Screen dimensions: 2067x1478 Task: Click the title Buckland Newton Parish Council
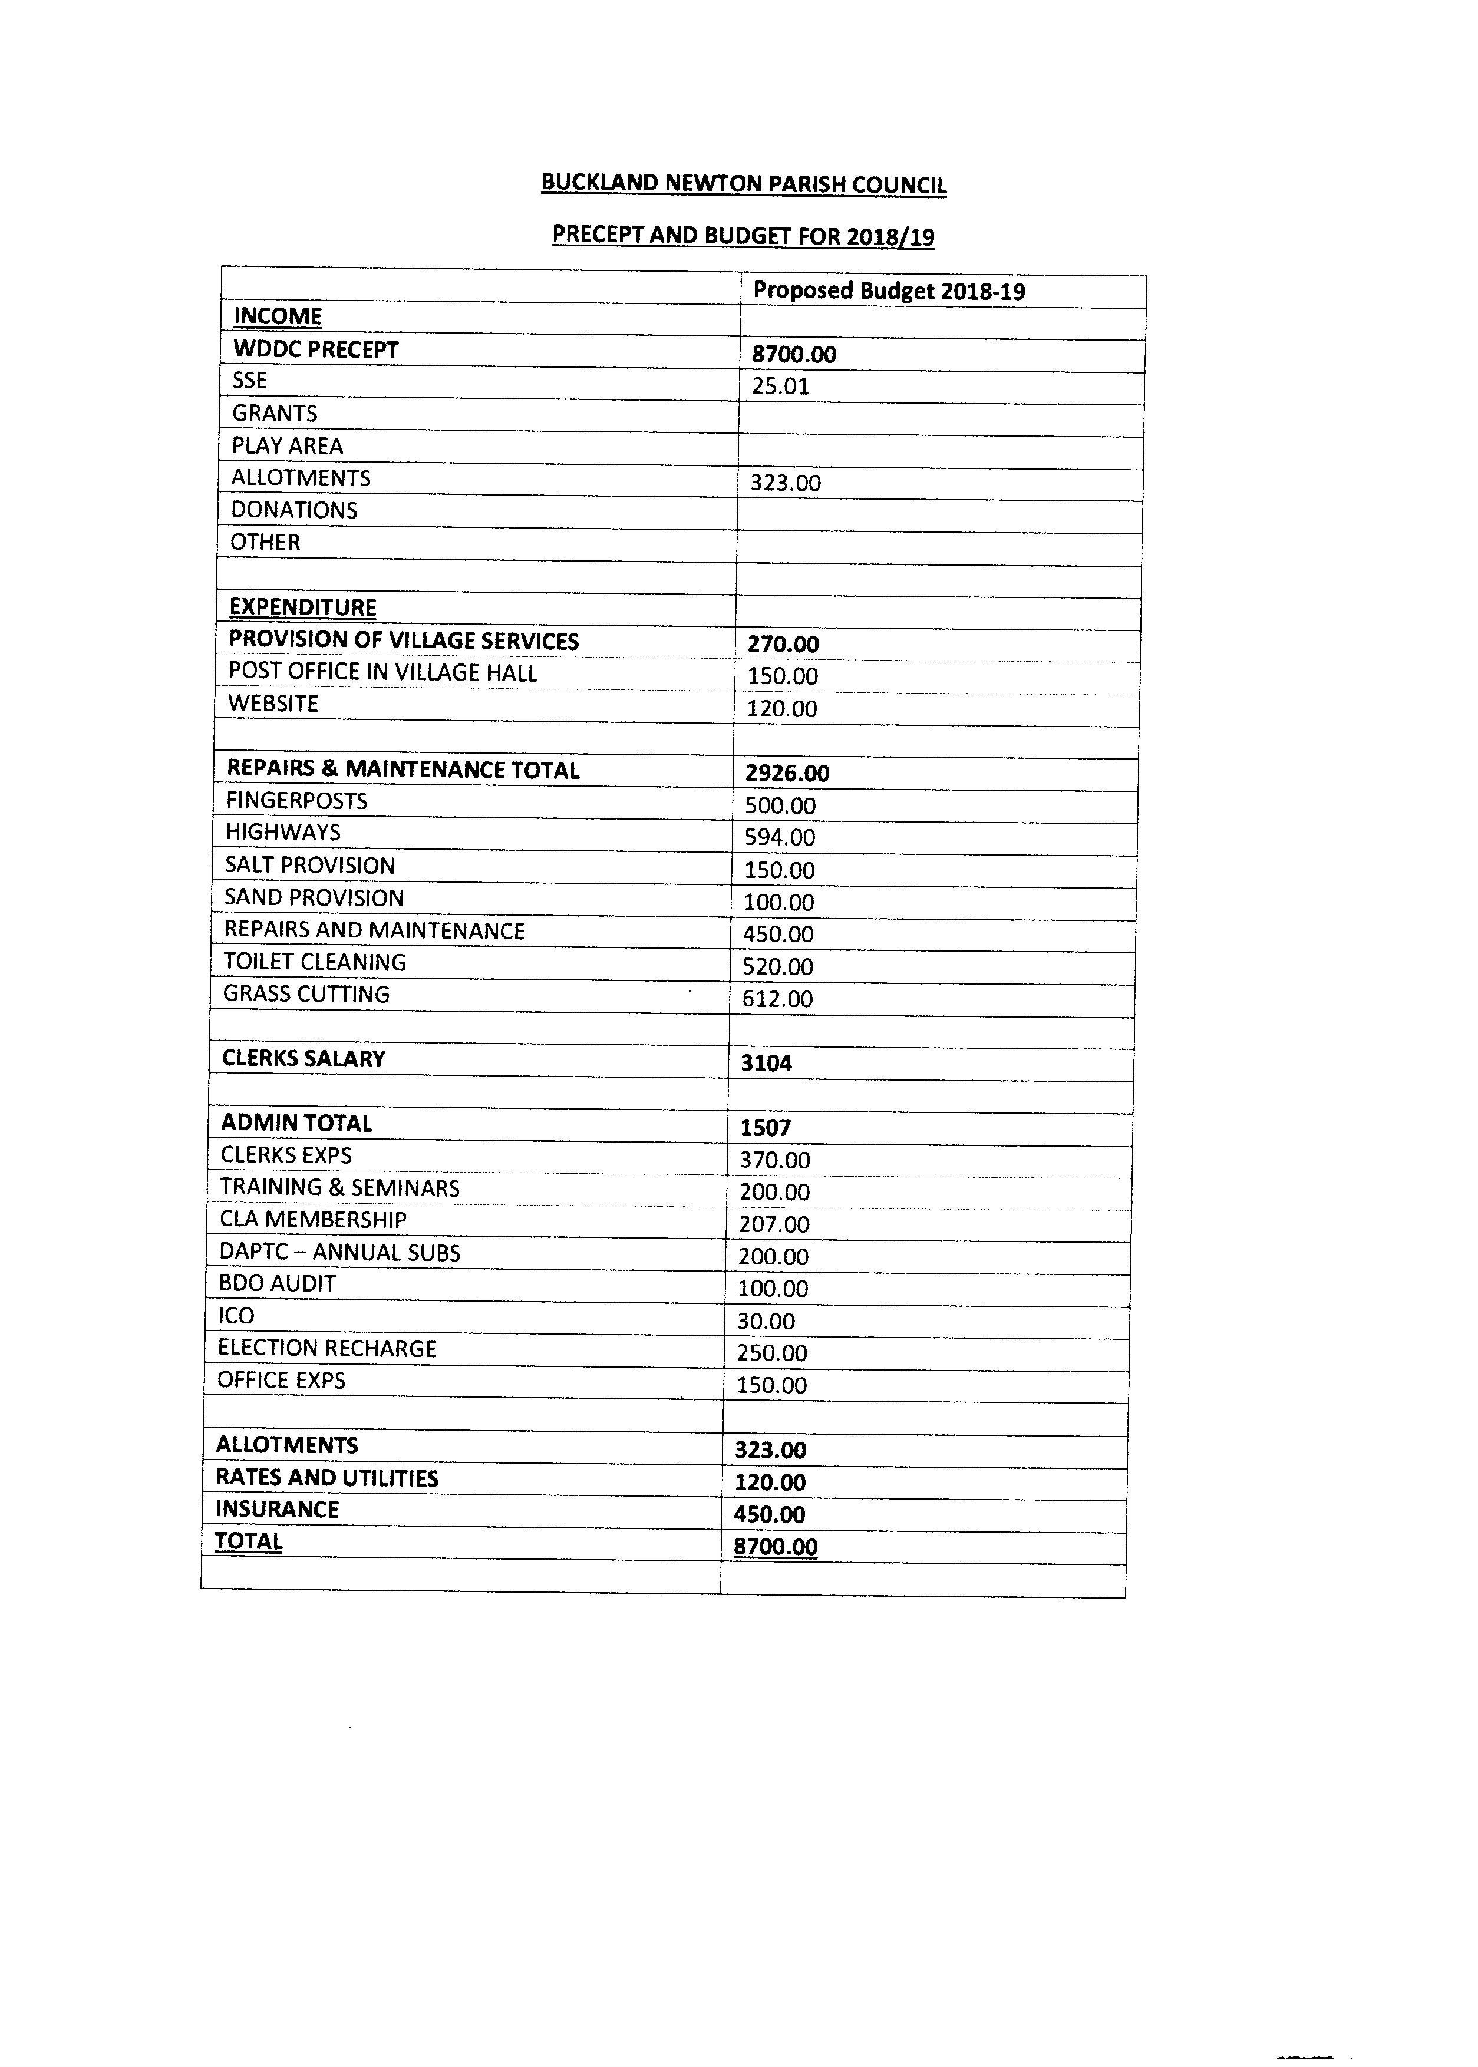[x=744, y=184]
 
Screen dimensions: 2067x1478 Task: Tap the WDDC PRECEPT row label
[x=316, y=349]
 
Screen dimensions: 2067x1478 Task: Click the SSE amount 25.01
[x=780, y=387]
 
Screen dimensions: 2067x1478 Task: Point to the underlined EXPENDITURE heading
[x=302, y=607]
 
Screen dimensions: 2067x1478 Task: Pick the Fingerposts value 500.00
[x=780, y=805]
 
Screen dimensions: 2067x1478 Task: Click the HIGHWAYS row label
[x=282, y=833]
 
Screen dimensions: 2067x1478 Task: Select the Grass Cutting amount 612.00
[x=777, y=999]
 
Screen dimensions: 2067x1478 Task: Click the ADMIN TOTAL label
[x=296, y=1124]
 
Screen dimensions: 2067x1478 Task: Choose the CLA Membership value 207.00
[x=774, y=1224]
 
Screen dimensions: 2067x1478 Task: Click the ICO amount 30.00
[x=766, y=1321]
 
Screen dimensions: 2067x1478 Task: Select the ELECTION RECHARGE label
[x=326, y=1348]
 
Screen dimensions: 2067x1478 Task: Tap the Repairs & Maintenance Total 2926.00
[x=786, y=773]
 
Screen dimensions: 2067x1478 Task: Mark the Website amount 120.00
[x=782, y=709]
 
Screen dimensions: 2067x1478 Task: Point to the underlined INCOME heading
[x=278, y=316]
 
